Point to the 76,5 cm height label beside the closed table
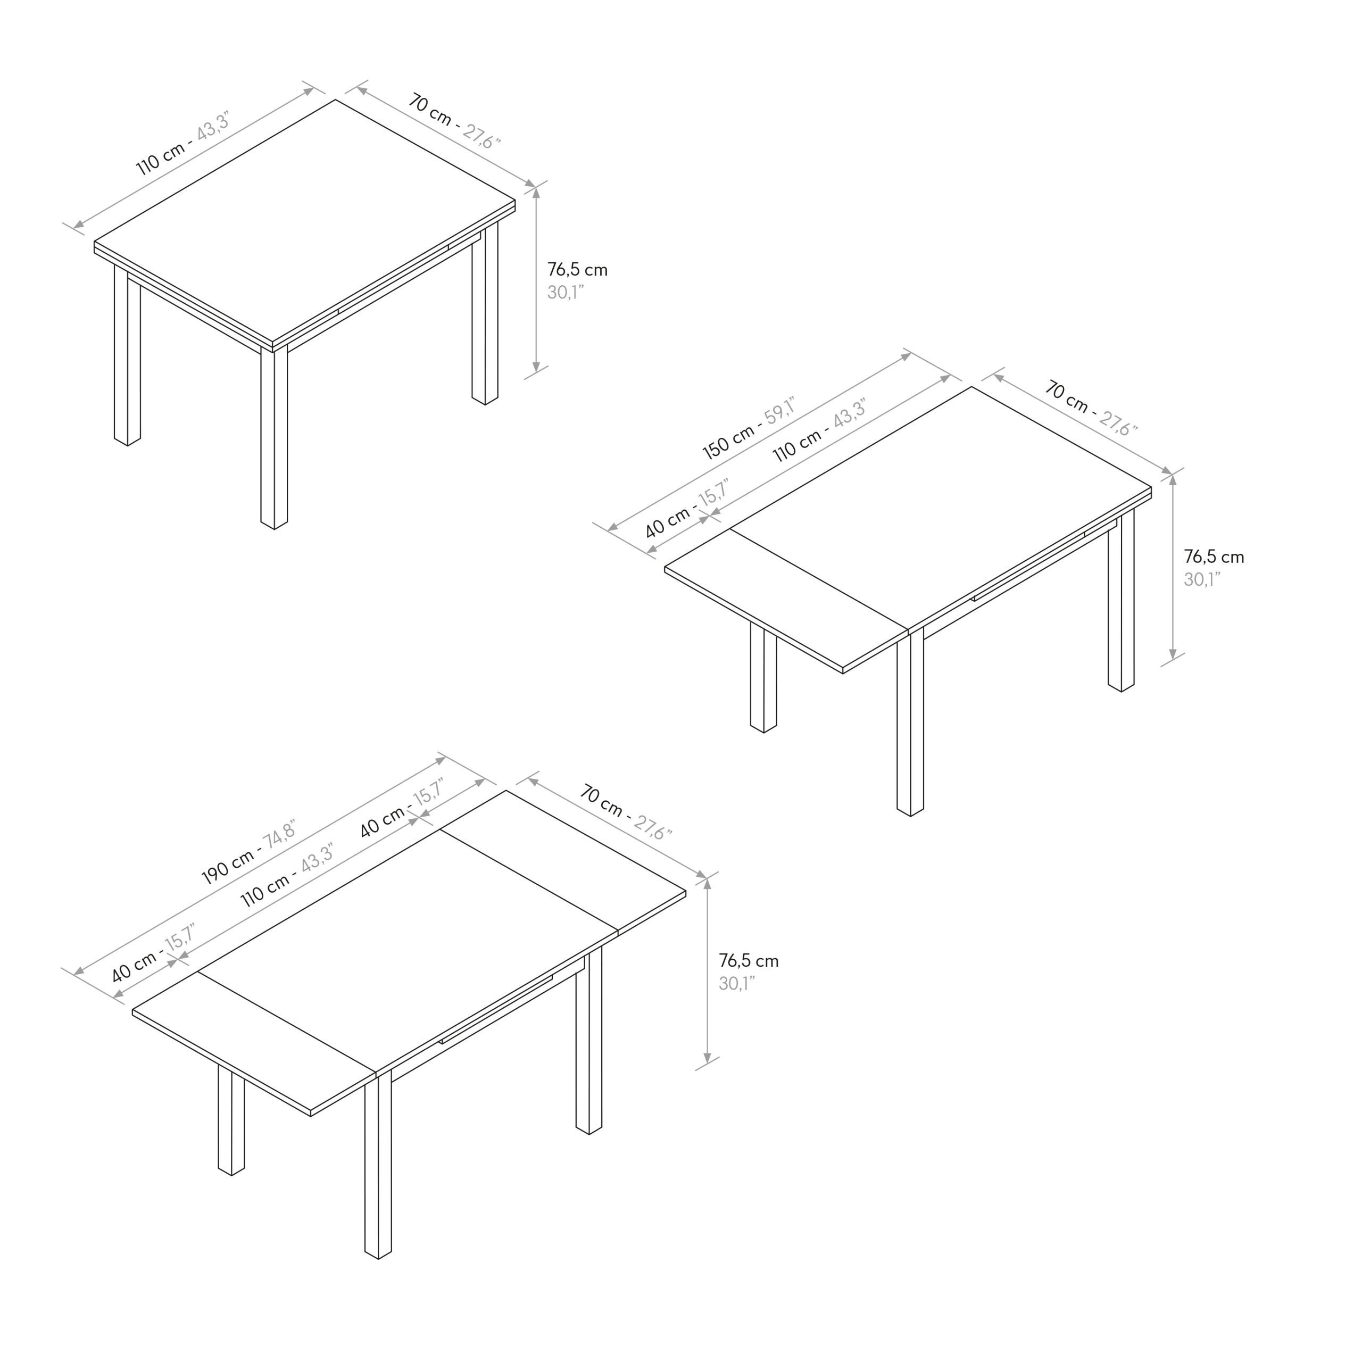[x=577, y=269]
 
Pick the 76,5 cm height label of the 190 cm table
[x=749, y=960]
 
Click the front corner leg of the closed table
[x=274, y=437]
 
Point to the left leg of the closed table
[x=127, y=355]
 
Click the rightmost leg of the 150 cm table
[x=1121, y=599]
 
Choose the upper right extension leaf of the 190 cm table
[x=562, y=862]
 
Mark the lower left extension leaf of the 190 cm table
[x=254, y=1043]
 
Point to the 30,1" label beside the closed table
[x=566, y=293]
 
